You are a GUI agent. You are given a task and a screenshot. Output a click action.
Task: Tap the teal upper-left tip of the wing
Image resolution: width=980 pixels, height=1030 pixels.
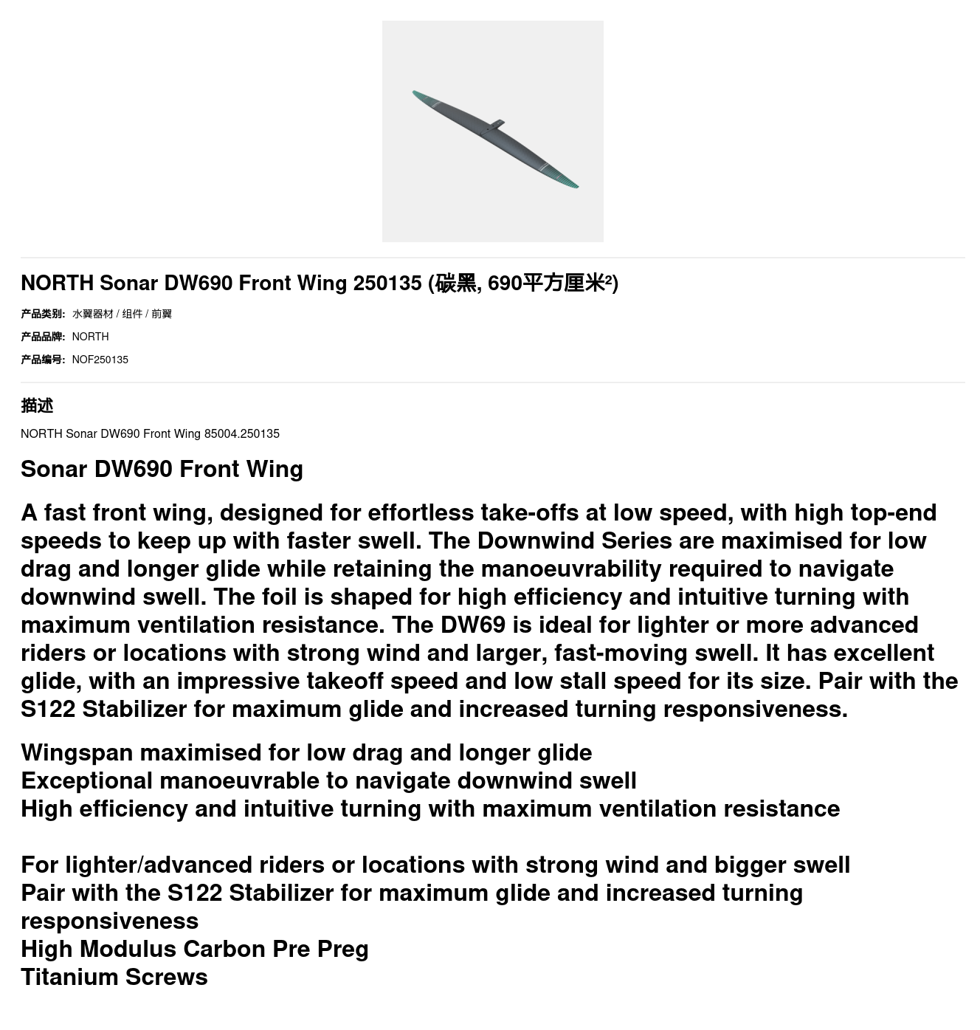(x=418, y=95)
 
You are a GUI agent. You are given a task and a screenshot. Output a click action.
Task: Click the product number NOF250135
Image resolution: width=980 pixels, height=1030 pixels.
(x=100, y=360)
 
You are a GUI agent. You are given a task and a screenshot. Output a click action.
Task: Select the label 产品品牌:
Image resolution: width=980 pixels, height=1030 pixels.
(x=43, y=337)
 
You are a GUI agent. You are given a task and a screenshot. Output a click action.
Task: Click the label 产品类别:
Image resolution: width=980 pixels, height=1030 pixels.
(x=43, y=314)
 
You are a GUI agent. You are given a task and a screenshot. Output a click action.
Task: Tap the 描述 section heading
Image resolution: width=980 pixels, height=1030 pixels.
(x=37, y=405)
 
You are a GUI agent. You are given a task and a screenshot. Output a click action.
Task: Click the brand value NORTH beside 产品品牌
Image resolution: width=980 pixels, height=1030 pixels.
(x=90, y=337)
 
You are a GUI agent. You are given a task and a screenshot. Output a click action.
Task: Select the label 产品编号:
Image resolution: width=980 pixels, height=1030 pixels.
(x=43, y=360)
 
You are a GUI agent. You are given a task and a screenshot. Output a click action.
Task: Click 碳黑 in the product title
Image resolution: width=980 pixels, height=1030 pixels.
(x=456, y=283)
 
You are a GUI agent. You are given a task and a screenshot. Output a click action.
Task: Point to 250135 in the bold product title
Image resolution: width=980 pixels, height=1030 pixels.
(x=387, y=283)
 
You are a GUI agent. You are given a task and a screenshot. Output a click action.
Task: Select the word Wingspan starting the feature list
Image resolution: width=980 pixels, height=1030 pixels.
(x=77, y=752)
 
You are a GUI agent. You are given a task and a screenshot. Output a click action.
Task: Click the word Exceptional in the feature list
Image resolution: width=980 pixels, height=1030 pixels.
(x=86, y=780)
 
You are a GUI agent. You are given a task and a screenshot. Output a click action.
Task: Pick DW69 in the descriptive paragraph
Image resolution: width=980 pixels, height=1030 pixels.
(x=472, y=625)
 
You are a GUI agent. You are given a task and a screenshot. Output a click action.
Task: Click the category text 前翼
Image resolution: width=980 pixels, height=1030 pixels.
(x=162, y=314)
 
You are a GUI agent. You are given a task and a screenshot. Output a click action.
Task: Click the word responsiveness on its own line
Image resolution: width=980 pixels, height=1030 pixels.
(x=109, y=921)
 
